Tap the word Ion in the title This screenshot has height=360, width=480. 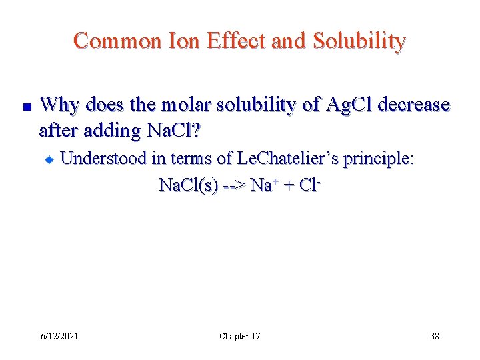coord(183,41)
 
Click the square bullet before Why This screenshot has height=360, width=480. coord(23,107)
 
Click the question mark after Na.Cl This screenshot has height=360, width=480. coord(195,131)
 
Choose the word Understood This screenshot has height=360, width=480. coord(107,159)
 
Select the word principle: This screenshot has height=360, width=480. coord(378,159)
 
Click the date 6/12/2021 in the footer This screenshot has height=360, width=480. coord(59,336)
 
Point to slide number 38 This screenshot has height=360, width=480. coord(435,336)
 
